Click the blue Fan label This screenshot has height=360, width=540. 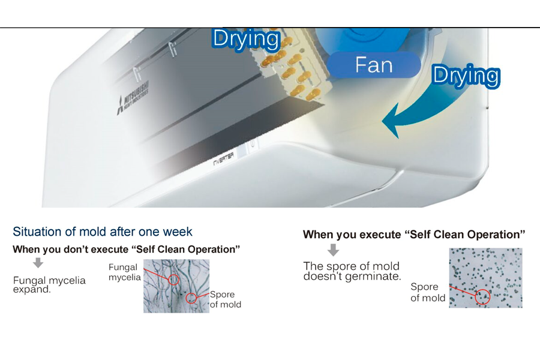tap(374, 65)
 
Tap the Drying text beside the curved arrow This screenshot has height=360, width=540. tap(466, 76)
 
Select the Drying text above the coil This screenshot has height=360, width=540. tap(246, 39)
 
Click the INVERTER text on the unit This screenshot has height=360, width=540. tap(223, 159)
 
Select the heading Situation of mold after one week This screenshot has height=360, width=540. tap(102, 232)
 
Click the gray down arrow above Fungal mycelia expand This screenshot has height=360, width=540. tap(38, 263)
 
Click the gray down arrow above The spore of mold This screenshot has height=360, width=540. tap(333, 250)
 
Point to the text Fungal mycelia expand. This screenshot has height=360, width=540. tap(49, 285)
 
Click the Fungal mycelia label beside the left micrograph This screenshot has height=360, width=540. tap(124, 272)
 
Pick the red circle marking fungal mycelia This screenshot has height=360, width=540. tap(174, 280)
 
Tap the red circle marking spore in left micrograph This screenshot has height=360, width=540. tap(191, 298)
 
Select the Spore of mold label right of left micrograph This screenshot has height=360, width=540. tap(225, 299)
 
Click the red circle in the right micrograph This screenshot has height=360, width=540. tap(482, 297)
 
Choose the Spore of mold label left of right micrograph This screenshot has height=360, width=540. tap(428, 292)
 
